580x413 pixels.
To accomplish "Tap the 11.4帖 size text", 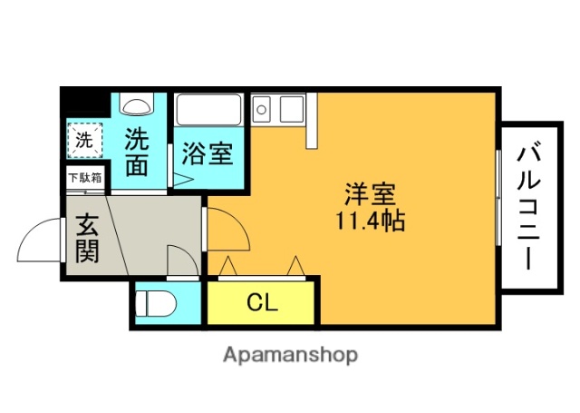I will (370, 220).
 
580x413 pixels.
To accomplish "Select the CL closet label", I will (262, 302).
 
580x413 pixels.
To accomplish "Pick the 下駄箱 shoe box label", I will (84, 179).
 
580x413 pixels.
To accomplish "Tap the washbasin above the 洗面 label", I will (137, 106).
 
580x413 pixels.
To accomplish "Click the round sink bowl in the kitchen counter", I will (262, 111).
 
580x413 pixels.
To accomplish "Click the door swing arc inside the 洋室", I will (231, 231).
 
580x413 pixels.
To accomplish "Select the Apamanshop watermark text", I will (290, 354).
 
